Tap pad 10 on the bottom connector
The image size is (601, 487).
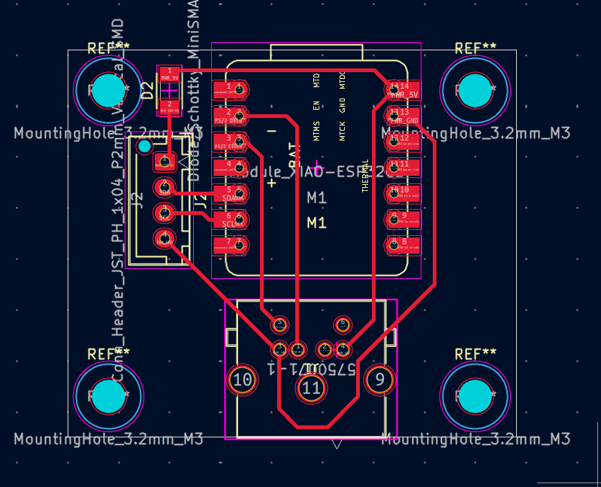click(243, 380)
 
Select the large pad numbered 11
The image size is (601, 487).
click(311, 388)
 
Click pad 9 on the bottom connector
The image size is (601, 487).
click(380, 380)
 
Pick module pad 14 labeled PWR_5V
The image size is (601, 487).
click(402, 90)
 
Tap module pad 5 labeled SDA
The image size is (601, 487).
click(231, 193)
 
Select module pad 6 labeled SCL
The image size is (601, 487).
click(231, 219)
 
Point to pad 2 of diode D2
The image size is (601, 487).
click(169, 107)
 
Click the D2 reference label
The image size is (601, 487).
click(148, 90)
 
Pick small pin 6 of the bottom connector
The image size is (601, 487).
click(343, 324)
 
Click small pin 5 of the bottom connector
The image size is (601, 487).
click(279, 324)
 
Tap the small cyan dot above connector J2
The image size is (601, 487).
click(143, 146)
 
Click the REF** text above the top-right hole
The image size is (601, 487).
click(476, 48)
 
